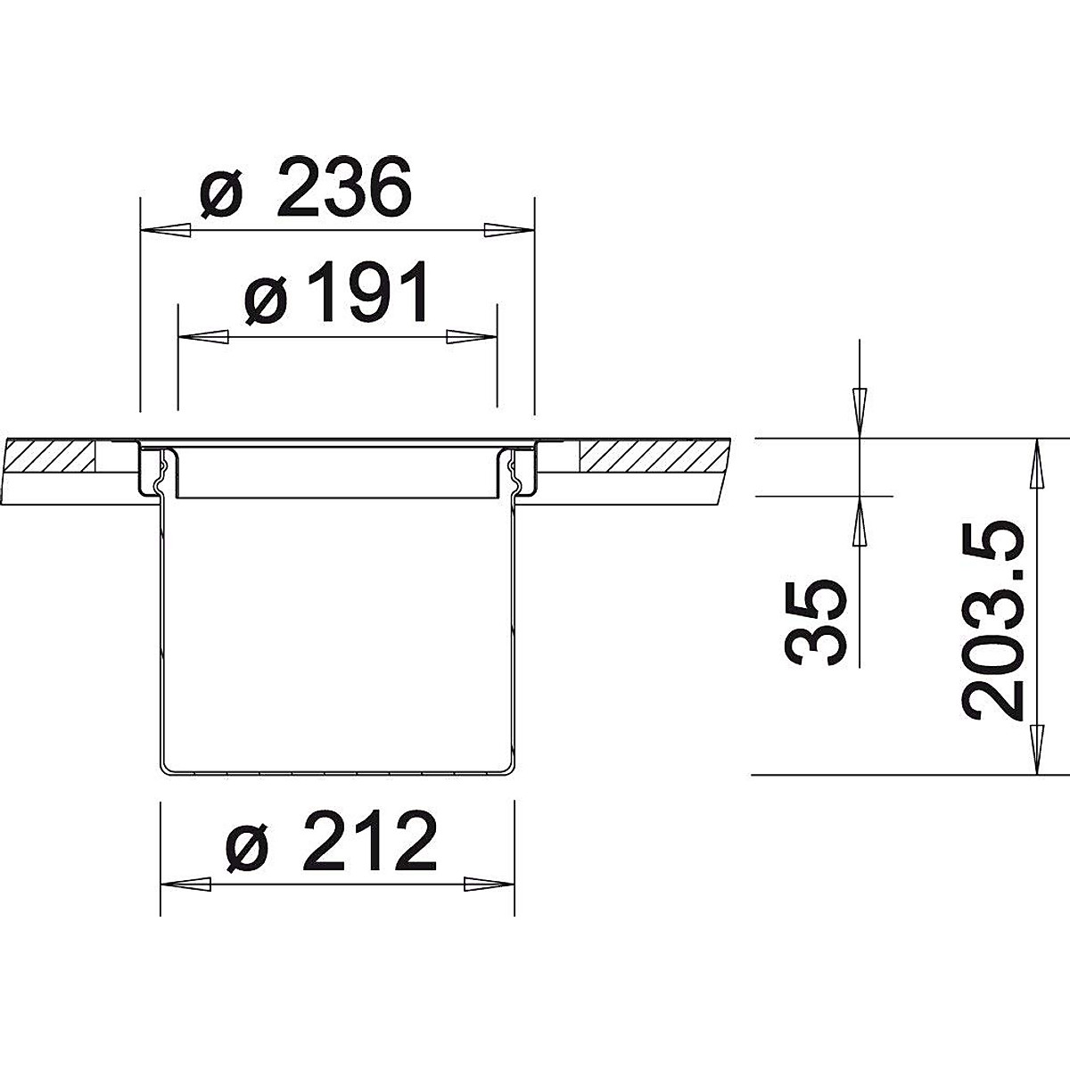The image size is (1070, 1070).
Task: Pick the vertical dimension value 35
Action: [816, 621]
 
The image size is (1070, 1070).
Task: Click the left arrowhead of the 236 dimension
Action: [165, 230]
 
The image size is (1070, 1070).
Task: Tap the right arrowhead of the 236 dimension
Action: [508, 230]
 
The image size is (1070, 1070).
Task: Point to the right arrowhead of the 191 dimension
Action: [471, 337]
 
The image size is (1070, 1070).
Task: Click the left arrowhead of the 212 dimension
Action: [185, 885]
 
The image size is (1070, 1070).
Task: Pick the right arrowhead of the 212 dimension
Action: [490, 885]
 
